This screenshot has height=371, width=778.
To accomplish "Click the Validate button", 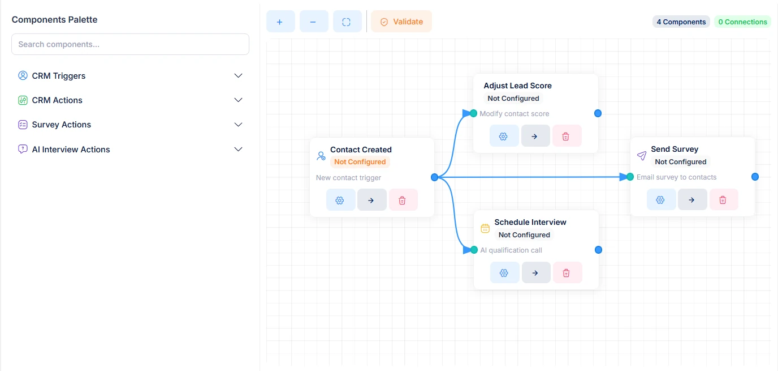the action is tap(401, 22).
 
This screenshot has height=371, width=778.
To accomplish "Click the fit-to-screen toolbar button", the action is tap(347, 22).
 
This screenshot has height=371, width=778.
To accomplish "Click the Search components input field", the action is tap(130, 44).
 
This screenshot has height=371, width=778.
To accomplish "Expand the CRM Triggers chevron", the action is tap(238, 75).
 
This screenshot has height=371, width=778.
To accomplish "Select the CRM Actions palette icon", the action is tap(23, 100).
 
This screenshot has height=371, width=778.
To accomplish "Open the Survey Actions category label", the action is tap(62, 125).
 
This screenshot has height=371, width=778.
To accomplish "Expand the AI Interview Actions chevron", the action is tap(238, 150).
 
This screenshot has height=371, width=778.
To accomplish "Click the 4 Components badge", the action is tap(681, 22).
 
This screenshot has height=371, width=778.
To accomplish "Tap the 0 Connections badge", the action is tap(742, 22).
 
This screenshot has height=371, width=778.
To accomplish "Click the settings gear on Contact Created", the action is tap(340, 200).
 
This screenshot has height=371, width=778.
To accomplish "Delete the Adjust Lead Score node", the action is tap(566, 136).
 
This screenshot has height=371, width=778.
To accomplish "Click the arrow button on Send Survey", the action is tap(692, 200).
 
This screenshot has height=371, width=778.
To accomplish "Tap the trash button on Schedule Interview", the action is tap(567, 272).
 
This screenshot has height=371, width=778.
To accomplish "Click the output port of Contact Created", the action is tap(434, 177).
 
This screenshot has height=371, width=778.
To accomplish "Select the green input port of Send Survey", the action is tap(630, 177).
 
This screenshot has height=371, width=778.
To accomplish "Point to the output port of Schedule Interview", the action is tap(598, 250).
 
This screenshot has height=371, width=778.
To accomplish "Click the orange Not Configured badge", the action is tap(360, 162).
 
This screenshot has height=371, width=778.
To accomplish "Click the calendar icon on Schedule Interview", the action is tap(485, 228).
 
